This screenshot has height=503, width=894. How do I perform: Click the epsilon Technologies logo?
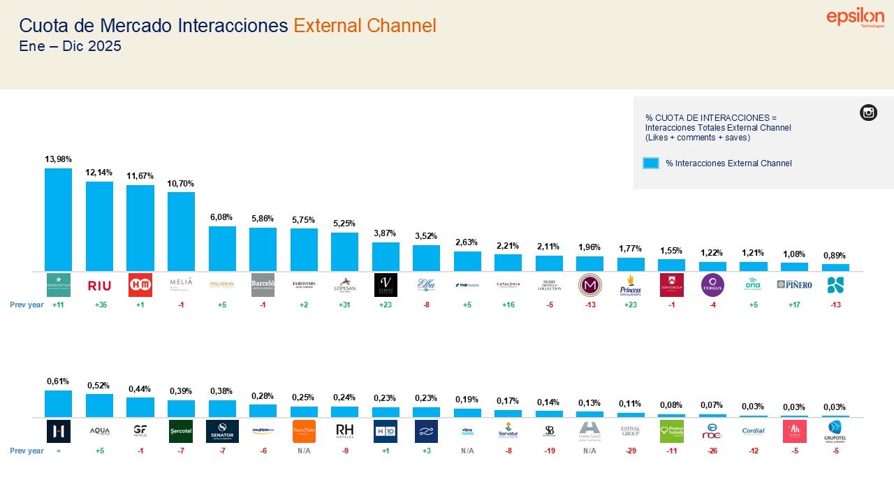point(855,18)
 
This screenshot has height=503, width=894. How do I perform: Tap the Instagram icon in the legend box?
point(868,112)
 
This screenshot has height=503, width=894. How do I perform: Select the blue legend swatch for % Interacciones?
point(650,163)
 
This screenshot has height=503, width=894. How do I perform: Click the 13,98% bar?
point(58,219)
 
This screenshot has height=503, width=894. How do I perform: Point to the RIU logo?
point(99,285)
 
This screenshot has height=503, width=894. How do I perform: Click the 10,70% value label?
point(181,183)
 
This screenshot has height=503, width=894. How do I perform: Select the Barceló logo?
point(263,285)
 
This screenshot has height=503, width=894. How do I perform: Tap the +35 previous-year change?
point(99,305)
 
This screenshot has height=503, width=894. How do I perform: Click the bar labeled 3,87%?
point(386,256)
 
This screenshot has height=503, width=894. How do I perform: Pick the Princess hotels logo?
point(631,285)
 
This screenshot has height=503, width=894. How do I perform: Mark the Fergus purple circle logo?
point(712,285)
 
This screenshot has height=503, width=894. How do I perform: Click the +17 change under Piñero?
point(794,305)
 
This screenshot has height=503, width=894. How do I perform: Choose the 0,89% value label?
point(835,255)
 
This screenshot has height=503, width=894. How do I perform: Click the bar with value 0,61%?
point(58,404)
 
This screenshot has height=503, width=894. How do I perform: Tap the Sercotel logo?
point(181,431)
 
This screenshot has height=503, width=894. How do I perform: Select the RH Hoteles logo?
point(344,431)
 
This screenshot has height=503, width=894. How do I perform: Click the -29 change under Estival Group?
point(631,451)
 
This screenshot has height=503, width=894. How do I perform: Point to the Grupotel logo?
point(835,431)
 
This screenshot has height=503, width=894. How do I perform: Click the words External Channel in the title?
point(365,26)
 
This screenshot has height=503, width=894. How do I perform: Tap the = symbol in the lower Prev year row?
point(58,451)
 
